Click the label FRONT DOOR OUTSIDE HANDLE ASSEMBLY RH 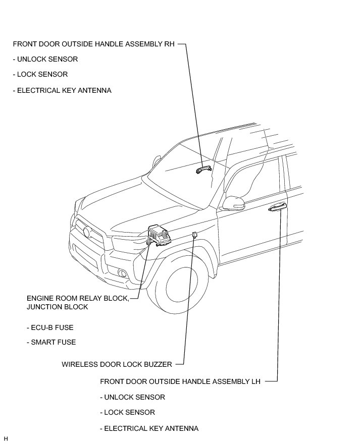(x=93, y=44)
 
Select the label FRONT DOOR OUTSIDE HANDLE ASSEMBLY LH (x=180, y=381)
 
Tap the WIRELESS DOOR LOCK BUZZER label (x=117, y=364)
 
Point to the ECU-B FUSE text (x=50, y=327)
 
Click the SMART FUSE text (x=51, y=342)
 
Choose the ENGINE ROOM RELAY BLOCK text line (x=78, y=298)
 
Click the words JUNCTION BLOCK (x=57, y=307)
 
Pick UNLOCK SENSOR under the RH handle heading (x=45, y=59)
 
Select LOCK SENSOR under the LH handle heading (x=127, y=412)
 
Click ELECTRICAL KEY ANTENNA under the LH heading (x=149, y=428)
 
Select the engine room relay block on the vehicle (x=159, y=235)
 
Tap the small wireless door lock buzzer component (x=194, y=234)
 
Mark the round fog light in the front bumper (x=123, y=274)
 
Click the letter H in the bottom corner (x=6, y=439)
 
